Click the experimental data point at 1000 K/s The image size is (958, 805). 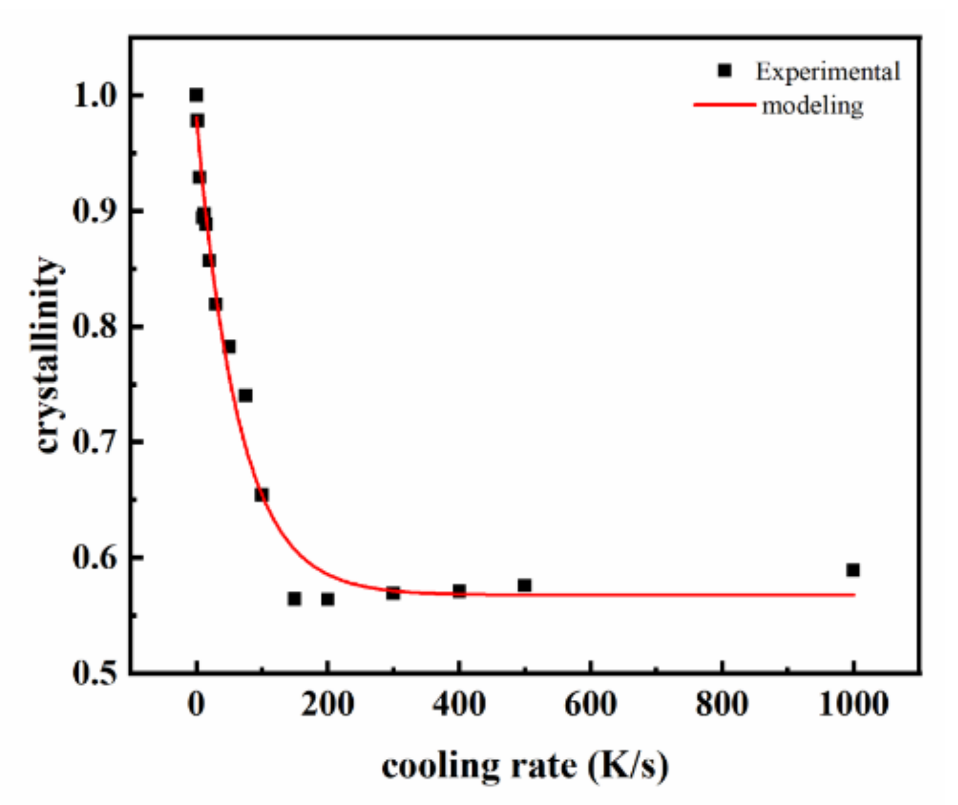pos(853,570)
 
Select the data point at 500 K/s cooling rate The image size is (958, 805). pos(525,586)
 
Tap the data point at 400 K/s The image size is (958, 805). pos(459,591)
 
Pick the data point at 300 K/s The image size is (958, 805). pos(393,593)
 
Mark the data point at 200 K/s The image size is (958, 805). pos(328,599)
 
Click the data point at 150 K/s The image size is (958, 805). pos(294,598)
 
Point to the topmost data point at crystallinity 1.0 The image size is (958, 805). pos(197,95)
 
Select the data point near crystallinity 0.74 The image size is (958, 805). pos(246,396)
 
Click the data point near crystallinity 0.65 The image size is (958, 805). pos(261,495)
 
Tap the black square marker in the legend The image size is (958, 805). pos(725,71)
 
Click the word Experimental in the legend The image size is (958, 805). pos(828,72)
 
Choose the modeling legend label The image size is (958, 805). pos(813,106)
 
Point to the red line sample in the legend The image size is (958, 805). pos(724,105)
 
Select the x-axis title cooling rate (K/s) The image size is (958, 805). pos(525,767)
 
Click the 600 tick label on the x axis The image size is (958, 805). pos(590,704)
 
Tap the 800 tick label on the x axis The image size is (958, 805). pos(722,704)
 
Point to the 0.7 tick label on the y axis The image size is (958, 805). pos(95,442)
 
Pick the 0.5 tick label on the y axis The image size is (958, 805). pos(95,673)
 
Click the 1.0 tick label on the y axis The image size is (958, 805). pos(95,96)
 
